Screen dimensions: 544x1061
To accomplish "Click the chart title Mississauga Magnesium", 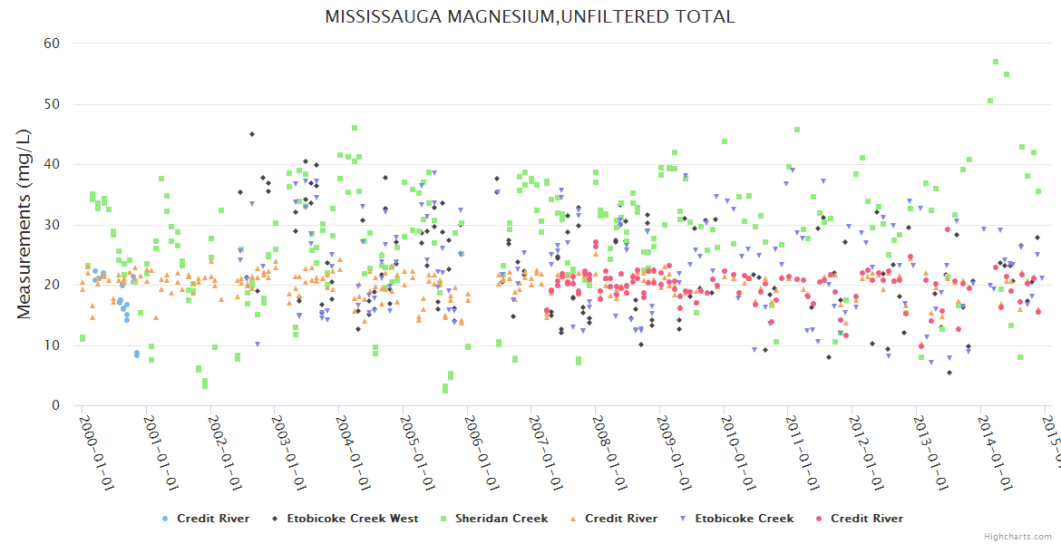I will click(530, 16).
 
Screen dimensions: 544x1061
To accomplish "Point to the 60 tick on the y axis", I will click(52, 44).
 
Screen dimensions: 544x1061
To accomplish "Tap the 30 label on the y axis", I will click(52, 225).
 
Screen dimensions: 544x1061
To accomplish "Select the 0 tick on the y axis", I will click(55, 405).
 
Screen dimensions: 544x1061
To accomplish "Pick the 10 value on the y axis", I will click(52, 345).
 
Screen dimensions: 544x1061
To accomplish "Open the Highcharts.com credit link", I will click(1018, 536).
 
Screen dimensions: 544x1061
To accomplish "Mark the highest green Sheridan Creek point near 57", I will click(996, 62).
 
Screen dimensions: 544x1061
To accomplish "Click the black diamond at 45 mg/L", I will click(252, 134).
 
